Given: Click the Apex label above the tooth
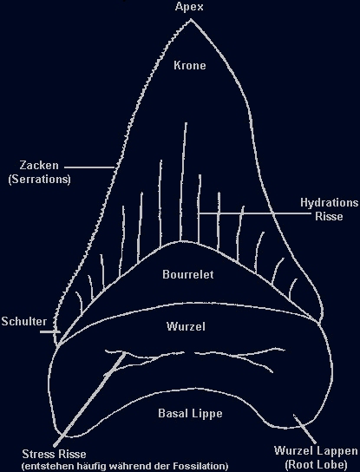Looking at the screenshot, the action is [189, 6].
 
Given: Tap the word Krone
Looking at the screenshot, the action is [190, 65].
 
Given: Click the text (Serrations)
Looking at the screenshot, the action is [39, 179].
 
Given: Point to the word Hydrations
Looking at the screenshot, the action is [330, 203].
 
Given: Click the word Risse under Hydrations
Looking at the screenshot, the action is [329, 216].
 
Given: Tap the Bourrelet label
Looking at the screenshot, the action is [188, 274].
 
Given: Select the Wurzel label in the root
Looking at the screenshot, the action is [186, 326].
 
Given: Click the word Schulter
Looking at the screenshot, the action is [24, 322].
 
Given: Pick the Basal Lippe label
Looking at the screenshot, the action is [190, 413].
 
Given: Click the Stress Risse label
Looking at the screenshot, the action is [54, 454].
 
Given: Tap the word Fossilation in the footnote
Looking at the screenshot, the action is [199, 466].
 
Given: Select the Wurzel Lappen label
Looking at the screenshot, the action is [316, 451].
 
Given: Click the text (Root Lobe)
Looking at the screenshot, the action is [316, 464].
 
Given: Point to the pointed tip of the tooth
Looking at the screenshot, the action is [191, 20].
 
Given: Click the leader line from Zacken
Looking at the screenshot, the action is [89, 167].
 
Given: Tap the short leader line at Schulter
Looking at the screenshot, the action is [50, 331].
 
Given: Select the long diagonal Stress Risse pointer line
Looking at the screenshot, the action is [89, 399].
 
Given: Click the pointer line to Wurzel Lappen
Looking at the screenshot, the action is [304, 429].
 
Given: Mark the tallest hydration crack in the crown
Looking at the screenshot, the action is [183, 181].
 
